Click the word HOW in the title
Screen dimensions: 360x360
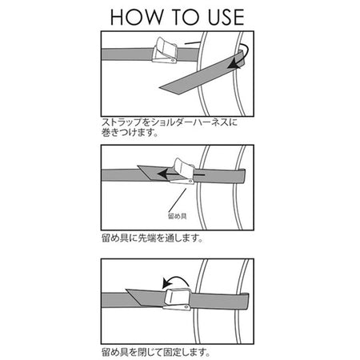(x=137, y=18)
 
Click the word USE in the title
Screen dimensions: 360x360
(x=226, y=18)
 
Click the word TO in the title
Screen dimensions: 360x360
(x=186, y=18)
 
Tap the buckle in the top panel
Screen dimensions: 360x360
(x=165, y=50)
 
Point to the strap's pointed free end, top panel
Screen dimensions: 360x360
(x=160, y=87)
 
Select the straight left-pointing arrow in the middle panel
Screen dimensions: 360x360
(x=181, y=174)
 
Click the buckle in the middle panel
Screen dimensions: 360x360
(x=182, y=172)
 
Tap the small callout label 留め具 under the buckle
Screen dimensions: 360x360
(x=177, y=216)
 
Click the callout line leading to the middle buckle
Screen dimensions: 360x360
(x=177, y=200)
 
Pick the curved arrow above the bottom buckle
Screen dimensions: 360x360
(x=175, y=282)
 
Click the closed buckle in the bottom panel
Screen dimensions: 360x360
(x=177, y=299)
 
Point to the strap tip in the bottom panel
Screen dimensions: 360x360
(x=126, y=290)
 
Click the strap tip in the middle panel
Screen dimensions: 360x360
(x=138, y=166)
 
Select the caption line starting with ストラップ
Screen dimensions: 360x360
(x=170, y=122)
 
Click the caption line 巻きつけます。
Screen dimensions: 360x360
(x=130, y=133)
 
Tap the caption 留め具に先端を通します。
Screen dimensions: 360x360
(x=153, y=238)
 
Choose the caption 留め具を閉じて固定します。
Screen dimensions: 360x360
(x=156, y=353)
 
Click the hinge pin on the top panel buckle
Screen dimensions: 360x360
(x=172, y=61)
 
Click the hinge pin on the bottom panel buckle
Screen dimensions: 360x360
(x=186, y=307)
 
